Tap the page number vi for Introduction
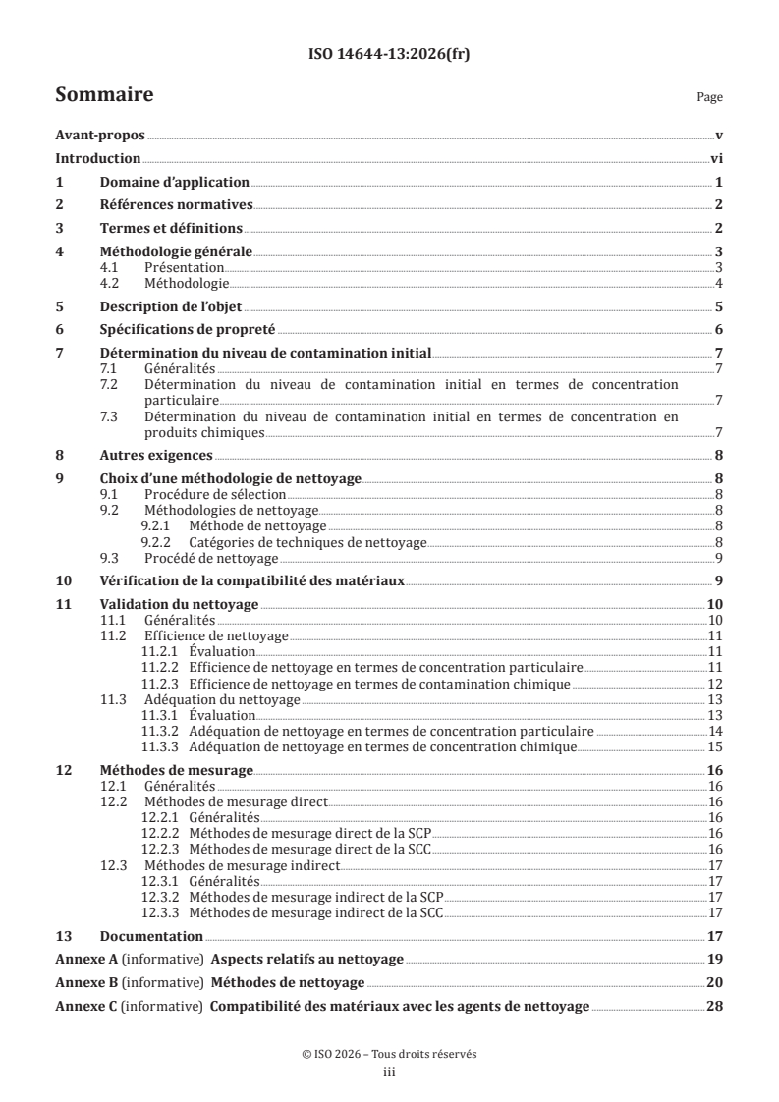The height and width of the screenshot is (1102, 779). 716,159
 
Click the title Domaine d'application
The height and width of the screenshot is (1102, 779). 175,182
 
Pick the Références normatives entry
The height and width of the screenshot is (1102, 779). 177,204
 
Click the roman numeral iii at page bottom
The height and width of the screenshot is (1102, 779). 389,1074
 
